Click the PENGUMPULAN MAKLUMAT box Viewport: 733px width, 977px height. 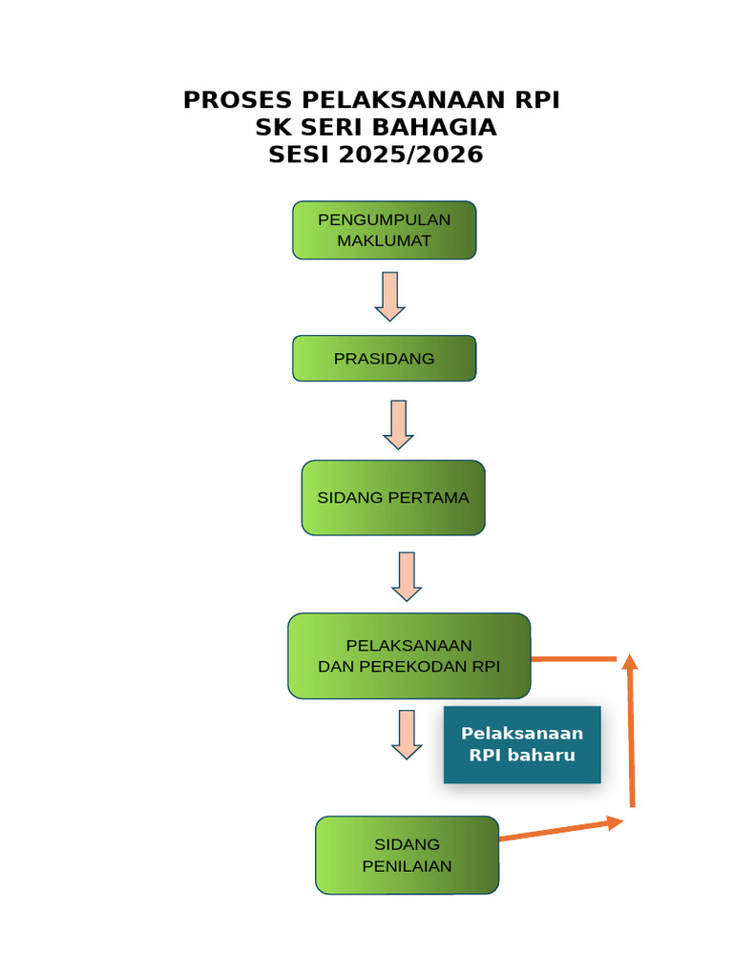(x=384, y=230)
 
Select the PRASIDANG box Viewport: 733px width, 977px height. (x=384, y=359)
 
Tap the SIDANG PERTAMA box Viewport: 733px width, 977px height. (x=393, y=497)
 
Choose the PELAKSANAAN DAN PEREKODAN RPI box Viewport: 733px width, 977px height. (x=408, y=655)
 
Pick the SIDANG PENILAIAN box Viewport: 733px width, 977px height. (x=407, y=855)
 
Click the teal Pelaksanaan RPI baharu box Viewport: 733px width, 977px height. (x=522, y=744)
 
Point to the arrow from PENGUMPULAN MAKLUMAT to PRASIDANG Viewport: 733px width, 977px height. (x=390, y=296)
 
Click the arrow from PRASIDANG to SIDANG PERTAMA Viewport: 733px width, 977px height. (x=399, y=425)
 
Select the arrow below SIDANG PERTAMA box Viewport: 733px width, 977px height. (x=408, y=576)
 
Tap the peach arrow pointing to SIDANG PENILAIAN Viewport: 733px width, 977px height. (x=408, y=734)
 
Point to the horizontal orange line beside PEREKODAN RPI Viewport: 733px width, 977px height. (x=573, y=658)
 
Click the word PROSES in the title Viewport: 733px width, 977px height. (x=239, y=100)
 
